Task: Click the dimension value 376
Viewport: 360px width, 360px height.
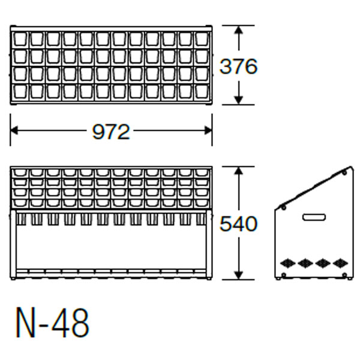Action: (x=239, y=67)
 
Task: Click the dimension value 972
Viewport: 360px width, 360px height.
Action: (x=111, y=132)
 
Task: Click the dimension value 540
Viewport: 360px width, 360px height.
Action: (x=239, y=224)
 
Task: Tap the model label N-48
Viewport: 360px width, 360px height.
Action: (x=52, y=323)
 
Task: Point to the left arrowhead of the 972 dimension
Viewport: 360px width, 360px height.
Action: (x=14, y=130)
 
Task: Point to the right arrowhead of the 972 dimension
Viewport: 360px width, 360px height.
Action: (x=208, y=130)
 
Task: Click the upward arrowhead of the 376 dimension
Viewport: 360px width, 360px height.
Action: (x=239, y=30)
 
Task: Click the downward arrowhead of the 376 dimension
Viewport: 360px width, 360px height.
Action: (x=239, y=100)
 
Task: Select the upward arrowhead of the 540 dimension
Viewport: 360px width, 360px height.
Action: (x=239, y=171)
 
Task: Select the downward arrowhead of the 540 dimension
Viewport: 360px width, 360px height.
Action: (x=239, y=275)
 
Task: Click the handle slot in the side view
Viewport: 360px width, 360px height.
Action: (x=314, y=217)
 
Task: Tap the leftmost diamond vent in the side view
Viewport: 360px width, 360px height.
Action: (x=287, y=263)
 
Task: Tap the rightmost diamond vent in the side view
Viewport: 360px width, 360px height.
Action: (x=340, y=263)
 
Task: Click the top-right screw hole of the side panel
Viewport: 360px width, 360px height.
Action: (x=344, y=172)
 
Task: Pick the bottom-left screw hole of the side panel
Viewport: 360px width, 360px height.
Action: (x=284, y=275)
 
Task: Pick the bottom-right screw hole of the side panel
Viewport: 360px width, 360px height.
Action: (x=344, y=275)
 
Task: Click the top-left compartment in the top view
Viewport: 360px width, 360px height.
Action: (x=20, y=39)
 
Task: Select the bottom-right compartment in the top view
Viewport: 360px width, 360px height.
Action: (x=202, y=92)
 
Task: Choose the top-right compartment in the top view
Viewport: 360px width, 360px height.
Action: (x=202, y=39)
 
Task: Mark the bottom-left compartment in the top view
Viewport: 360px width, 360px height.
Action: (x=20, y=92)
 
